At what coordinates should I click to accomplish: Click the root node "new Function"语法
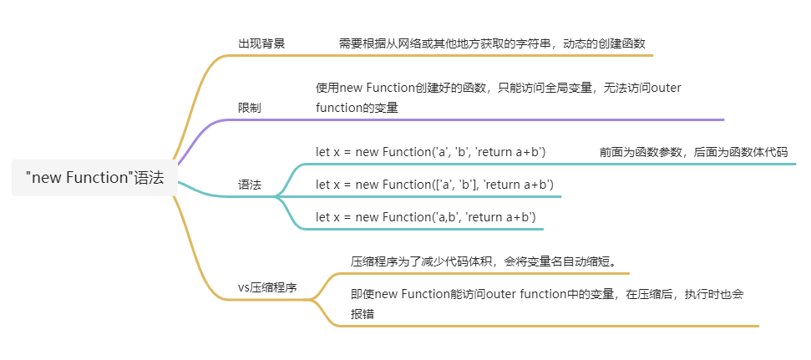click(x=94, y=178)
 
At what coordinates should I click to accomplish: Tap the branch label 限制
click(x=249, y=108)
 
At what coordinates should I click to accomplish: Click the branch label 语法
click(x=249, y=185)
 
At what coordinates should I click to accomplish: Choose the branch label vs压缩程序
click(x=267, y=287)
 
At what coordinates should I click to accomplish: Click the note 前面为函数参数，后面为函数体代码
click(x=693, y=152)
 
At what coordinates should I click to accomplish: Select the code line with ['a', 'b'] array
click(x=434, y=185)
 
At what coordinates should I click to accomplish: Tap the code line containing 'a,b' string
click(x=426, y=217)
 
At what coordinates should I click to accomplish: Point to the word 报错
click(x=362, y=315)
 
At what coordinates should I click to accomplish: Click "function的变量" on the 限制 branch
click(x=357, y=109)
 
